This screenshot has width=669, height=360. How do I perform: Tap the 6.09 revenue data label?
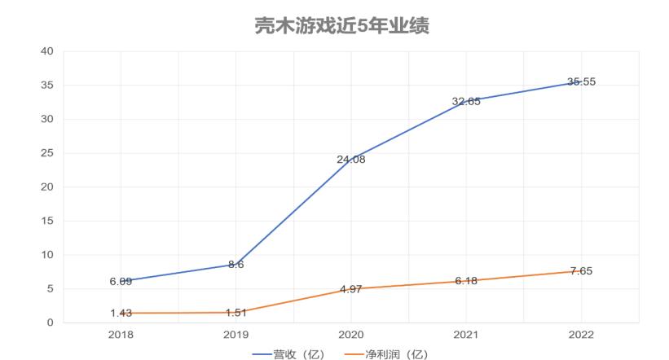pyautogui.click(x=121, y=282)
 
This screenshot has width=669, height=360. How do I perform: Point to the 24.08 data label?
pyautogui.click(x=351, y=160)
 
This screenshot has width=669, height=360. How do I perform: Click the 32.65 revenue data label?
pyautogui.click(x=466, y=102)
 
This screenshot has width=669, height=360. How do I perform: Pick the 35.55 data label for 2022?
pyautogui.click(x=581, y=81)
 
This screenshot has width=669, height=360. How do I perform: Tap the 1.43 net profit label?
pyautogui.click(x=121, y=313)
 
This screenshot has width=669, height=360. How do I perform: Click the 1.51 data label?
pyautogui.click(x=235, y=313)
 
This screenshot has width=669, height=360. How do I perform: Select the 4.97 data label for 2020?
pyautogui.click(x=351, y=289)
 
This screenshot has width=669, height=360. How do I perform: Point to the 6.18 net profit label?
pyautogui.click(x=466, y=281)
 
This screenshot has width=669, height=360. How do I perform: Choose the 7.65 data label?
pyautogui.click(x=581, y=271)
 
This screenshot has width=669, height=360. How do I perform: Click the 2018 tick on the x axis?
pyautogui.click(x=121, y=334)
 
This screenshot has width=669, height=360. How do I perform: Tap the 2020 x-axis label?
pyautogui.click(x=351, y=334)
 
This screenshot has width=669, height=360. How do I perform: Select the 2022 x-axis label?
pyautogui.click(x=581, y=334)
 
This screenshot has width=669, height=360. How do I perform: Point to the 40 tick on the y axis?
pyautogui.click(x=47, y=51)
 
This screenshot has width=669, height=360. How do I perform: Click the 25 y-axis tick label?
pyautogui.click(x=47, y=153)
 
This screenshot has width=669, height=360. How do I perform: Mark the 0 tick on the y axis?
pyautogui.click(x=51, y=323)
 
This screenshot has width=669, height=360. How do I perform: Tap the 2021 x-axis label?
pyautogui.click(x=466, y=334)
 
